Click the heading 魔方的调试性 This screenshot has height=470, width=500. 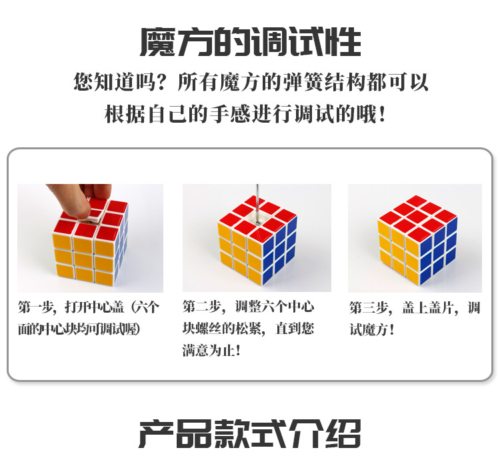[250, 41]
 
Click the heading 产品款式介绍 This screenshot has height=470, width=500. [250, 433]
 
